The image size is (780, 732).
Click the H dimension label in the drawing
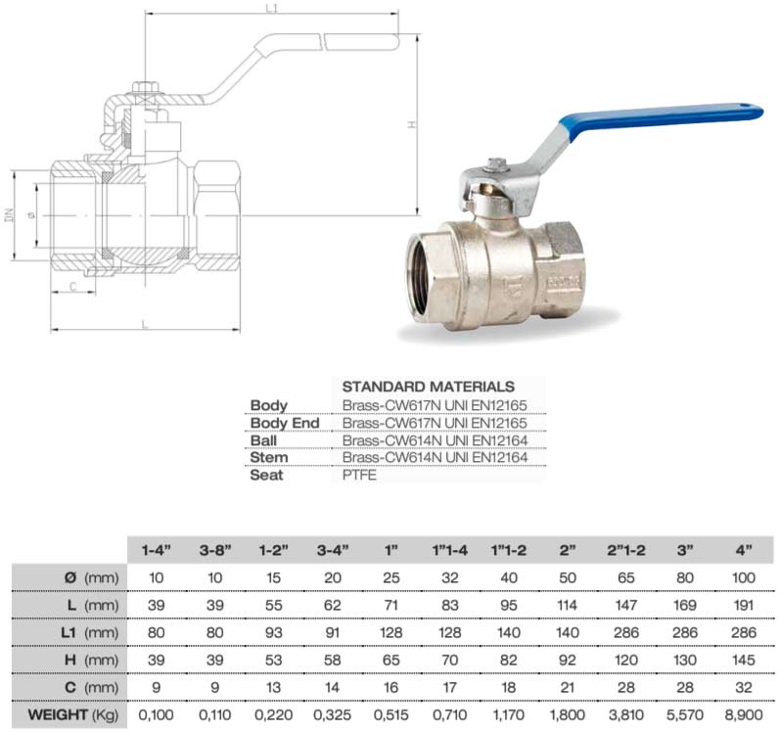pos(412,124)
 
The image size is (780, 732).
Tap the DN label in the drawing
pos(9,214)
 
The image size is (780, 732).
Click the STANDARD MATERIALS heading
pos(429,387)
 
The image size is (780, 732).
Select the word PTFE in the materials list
pos(359,476)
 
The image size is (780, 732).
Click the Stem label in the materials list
pos(268,458)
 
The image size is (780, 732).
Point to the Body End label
pos(285,423)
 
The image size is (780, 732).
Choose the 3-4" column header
pos(330,549)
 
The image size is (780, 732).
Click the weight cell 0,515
pos(391,716)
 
